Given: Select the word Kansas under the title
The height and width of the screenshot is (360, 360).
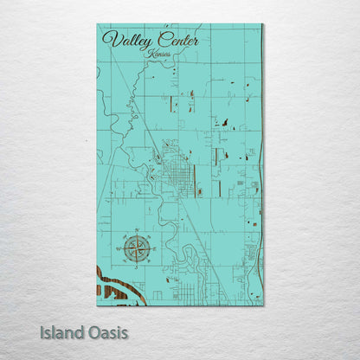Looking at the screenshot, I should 159,54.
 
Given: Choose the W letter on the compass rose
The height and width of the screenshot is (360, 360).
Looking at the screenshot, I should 120,248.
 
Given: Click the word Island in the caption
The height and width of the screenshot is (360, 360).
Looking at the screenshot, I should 61,332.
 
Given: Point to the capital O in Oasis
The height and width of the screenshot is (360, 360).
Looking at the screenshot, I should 93,332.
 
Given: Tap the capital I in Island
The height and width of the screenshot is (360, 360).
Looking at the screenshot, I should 42,332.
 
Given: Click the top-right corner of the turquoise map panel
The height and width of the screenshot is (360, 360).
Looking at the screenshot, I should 262,24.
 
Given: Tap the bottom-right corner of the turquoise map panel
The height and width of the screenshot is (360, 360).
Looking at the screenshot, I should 262,305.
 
